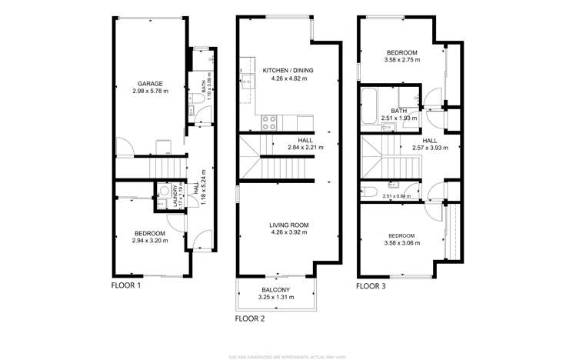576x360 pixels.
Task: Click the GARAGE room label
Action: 148,83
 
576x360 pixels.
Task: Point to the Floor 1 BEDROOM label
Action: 148,234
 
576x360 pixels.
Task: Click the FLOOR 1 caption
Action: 126,285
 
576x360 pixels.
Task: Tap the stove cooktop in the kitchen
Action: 270,121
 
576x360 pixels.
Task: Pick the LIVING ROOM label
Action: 288,225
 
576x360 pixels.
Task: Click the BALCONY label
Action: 275,289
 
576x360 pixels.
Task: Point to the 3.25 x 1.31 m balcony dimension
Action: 275,297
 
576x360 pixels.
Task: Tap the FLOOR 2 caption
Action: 250,317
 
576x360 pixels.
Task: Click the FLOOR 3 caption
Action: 371,285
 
